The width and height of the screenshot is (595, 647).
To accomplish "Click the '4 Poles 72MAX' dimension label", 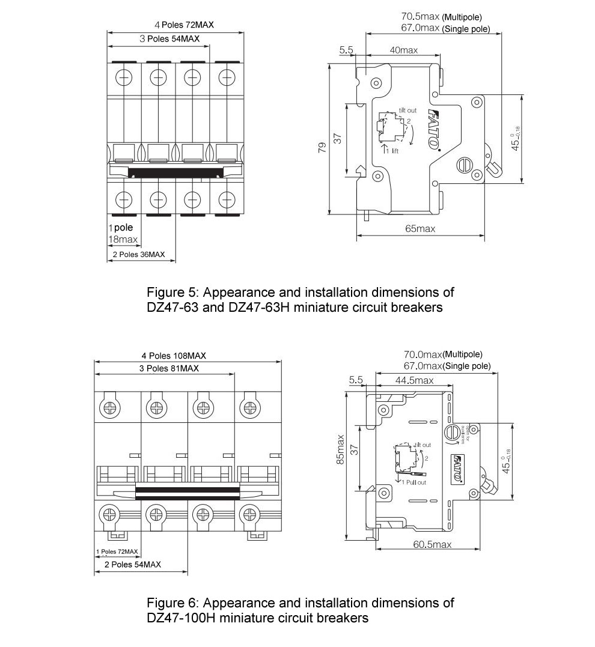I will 184,25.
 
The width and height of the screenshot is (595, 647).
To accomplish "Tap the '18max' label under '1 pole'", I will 123,240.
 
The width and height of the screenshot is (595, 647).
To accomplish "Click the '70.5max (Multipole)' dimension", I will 441,17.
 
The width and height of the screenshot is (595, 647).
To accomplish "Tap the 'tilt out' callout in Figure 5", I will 407,111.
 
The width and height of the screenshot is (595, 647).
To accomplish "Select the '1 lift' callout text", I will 391,151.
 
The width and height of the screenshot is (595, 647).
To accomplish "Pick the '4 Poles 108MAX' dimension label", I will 174,355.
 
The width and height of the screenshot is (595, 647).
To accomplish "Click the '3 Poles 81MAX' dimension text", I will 168,368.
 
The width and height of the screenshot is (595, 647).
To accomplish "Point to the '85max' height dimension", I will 341,449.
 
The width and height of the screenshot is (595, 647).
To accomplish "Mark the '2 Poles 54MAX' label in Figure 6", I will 132,565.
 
